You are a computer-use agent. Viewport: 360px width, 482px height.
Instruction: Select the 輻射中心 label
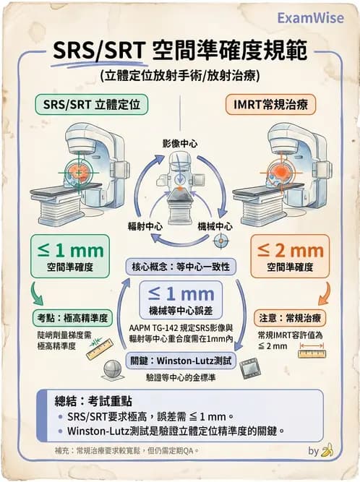pos(144,225)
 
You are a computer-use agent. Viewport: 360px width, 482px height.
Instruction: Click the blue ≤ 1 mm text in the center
pos(181,294)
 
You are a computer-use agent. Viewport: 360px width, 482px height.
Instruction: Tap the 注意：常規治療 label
pos(289,317)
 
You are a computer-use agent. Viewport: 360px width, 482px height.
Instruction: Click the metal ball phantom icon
pos(112,369)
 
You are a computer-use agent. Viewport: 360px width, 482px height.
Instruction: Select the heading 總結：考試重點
pos(81,400)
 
